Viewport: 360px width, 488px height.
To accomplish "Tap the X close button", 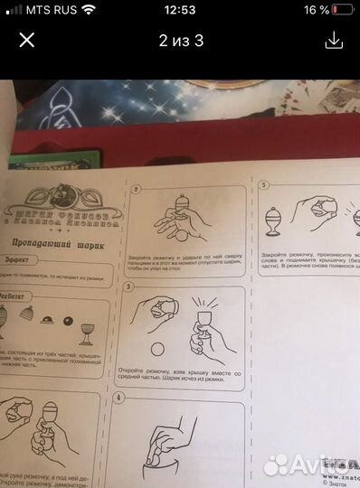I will [24, 41].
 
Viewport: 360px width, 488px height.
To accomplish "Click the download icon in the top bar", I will [335, 41].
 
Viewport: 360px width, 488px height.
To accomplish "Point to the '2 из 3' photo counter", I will [181, 41].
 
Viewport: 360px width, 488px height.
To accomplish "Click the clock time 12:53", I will [180, 11].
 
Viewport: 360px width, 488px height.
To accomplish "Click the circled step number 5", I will [262, 184].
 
